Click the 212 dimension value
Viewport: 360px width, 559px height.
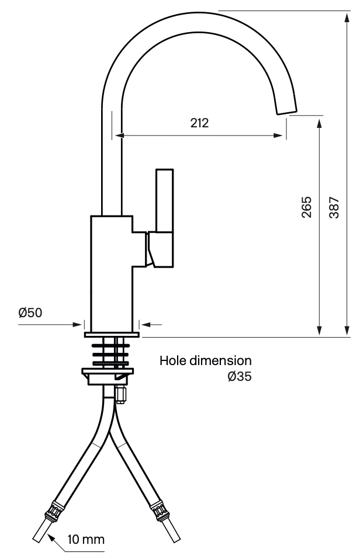199,123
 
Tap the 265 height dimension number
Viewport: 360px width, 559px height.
306,207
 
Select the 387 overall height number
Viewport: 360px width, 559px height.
334,207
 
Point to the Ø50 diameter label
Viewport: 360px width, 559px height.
30,313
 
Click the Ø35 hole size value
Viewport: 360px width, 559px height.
240,377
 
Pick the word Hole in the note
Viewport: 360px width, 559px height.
173,360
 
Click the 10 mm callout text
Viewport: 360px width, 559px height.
86,539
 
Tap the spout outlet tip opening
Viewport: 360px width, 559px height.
287,111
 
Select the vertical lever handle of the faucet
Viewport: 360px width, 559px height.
164,201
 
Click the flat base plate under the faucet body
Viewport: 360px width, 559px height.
112,334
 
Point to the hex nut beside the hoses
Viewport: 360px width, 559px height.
120,395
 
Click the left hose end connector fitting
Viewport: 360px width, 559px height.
52,511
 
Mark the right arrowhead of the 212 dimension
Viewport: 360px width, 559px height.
278,136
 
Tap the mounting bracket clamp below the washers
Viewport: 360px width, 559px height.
108,376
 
